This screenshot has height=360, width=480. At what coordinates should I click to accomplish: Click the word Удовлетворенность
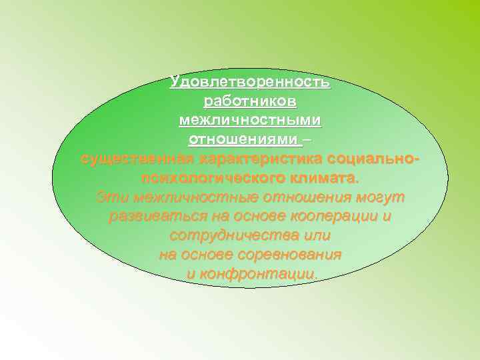(x=249, y=83)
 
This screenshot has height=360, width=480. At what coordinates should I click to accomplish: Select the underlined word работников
(x=250, y=102)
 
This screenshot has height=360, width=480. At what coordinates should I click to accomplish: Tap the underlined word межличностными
(x=250, y=121)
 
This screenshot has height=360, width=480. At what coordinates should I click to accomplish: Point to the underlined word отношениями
(x=243, y=140)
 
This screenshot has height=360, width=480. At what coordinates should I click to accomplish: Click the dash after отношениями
(x=307, y=140)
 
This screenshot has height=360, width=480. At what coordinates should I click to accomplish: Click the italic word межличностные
(x=197, y=198)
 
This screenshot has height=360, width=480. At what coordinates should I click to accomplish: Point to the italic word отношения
(x=307, y=198)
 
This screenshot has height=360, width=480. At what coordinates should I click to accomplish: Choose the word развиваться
(x=153, y=217)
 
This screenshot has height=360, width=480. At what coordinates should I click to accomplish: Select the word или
(x=316, y=237)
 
